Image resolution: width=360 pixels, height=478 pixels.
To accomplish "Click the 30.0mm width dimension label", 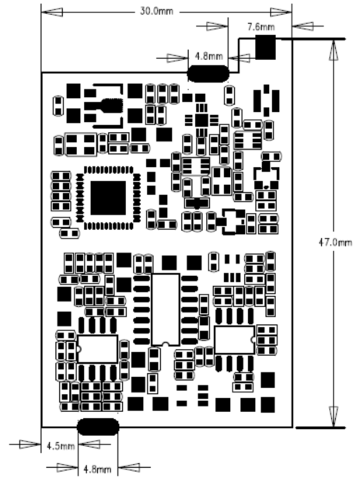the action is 156,12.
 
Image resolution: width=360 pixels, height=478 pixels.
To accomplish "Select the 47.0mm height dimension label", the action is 335,242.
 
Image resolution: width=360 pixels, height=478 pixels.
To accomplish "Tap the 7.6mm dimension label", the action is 260,27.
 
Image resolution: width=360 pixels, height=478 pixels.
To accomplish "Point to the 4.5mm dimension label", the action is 61,446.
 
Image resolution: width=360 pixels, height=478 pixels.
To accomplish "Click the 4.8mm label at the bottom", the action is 97,469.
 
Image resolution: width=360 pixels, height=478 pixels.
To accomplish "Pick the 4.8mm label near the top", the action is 209,56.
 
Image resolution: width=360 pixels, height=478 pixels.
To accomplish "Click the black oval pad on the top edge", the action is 208,74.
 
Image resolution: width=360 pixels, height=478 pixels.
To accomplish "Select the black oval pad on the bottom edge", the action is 98,427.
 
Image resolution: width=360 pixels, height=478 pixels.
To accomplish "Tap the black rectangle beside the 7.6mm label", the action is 265,47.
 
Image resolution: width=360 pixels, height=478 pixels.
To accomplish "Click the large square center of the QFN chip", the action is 108,198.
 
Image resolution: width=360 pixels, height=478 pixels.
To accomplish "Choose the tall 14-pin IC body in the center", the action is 166,309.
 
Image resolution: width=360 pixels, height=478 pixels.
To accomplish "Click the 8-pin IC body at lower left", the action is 97,349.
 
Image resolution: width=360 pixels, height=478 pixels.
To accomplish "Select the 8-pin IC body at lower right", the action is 235,340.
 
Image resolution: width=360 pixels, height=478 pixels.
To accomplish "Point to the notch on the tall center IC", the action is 166,344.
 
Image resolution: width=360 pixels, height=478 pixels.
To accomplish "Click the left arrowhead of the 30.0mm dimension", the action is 52,12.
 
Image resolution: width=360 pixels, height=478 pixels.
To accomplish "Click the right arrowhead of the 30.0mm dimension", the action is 281,12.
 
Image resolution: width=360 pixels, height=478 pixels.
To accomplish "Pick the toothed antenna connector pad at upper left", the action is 112,105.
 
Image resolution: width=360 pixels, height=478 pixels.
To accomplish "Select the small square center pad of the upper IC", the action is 201,120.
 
